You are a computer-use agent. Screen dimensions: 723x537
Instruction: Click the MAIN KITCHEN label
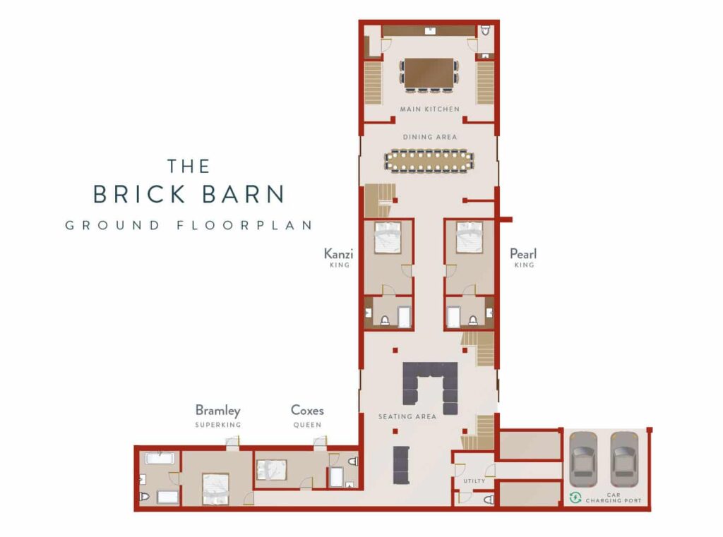click(x=429, y=109)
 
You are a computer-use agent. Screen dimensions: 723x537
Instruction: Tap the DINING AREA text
click(x=430, y=137)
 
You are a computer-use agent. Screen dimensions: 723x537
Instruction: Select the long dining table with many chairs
click(x=429, y=161)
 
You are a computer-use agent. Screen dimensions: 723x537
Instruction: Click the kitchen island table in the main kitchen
click(x=429, y=73)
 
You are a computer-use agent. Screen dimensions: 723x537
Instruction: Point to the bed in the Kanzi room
click(x=388, y=237)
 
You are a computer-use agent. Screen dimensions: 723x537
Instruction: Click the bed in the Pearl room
click(x=469, y=237)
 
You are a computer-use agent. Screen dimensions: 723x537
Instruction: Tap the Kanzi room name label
click(x=338, y=253)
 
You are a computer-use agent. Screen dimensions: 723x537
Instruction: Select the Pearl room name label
click(x=523, y=253)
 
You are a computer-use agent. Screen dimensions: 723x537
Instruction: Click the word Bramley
click(x=217, y=410)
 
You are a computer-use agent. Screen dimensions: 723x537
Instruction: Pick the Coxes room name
click(x=307, y=410)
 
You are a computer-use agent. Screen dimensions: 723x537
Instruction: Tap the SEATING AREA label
click(x=407, y=417)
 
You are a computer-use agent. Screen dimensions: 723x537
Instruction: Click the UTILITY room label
click(x=474, y=481)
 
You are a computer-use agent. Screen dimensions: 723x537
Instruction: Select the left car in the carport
click(x=583, y=459)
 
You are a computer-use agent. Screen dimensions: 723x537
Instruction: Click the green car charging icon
click(x=575, y=497)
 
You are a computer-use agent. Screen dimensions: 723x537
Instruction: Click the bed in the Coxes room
click(x=272, y=470)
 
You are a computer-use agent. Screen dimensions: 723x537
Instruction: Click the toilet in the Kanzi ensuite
click(x=385, y=320)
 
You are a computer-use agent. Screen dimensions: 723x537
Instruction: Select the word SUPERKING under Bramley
click(x=217, y=425)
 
